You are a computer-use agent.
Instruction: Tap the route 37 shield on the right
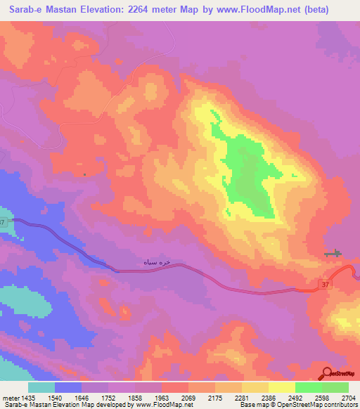[323, 284]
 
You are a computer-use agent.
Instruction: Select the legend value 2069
[188, 398]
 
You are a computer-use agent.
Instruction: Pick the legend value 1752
[108, 398]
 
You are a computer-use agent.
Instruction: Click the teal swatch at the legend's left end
[41, 387]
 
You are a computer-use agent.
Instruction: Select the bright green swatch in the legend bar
[309, 387]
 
